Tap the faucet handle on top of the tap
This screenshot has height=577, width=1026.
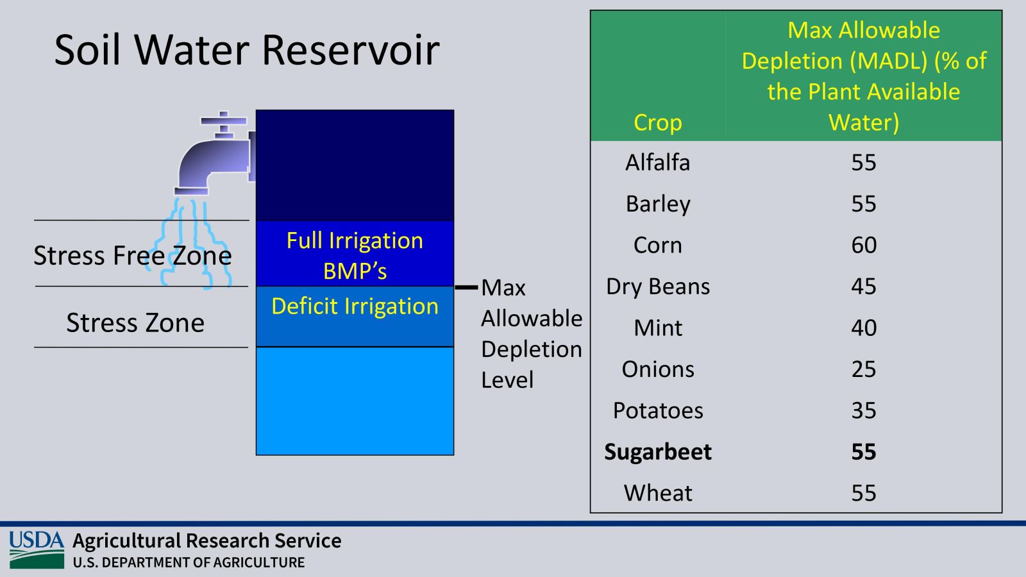point(224,121)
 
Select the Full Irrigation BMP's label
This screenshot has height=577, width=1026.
point(355,256)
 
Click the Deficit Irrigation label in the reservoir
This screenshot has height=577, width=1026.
point(355,306)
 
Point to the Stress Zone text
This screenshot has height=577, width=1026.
point(135,322)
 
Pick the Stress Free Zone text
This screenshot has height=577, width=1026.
point(132,255)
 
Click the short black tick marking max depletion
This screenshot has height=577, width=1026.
point(466,288)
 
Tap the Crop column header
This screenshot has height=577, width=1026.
point(658,122)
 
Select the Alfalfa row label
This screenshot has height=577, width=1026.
point(658,162)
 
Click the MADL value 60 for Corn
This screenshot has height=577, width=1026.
point(864,245)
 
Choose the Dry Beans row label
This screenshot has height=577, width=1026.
point(658,287)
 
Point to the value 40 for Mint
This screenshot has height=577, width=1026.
point(864,328)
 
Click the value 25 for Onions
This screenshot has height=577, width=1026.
point(864,369)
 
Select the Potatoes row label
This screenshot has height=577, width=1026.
point(658,410)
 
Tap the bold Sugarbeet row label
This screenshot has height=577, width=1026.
point(658,452)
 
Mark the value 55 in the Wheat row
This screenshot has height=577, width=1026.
point(864,493)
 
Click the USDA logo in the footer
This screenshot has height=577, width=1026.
point(37,549)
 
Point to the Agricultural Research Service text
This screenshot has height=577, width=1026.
point(207,541)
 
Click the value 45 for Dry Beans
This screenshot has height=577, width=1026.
point(864,287)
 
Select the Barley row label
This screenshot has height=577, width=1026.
point(658,204)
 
